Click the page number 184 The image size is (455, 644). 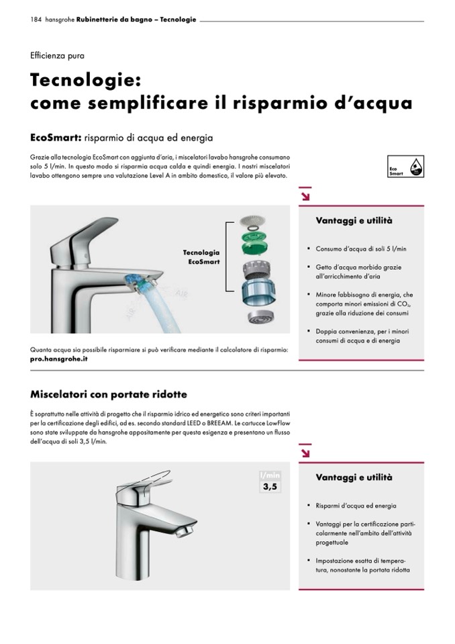pyautogui.click(x=36, y=19)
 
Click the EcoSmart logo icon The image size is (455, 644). pyautogui.click(x=405, y=167)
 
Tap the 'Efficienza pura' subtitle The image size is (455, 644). pyautogui.click(x=57, y=56)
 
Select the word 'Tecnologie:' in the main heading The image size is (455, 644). pyautogui.click(x=86, y=80)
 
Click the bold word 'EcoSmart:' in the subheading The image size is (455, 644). pyautogui.click(x=56, y=138)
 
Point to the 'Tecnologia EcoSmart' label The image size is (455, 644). pyautogui.click(x=201, y=257)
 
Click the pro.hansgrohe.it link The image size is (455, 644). pyautogui.click(x=58, y=359)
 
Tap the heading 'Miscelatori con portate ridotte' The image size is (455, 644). pyautogui.click(x=109, y=394)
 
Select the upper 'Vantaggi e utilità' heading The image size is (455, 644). pyautogui.click(x=354, y=220)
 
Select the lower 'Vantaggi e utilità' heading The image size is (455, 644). pyautogui.click(x=354, y=477)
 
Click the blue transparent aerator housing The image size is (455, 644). pyautogui.click(x=254, y=292)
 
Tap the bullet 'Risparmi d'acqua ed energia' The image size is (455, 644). pyautogui.click(x=356, y=506)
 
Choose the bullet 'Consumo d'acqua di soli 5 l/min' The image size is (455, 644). pyautogui.click(x=361, y=249)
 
